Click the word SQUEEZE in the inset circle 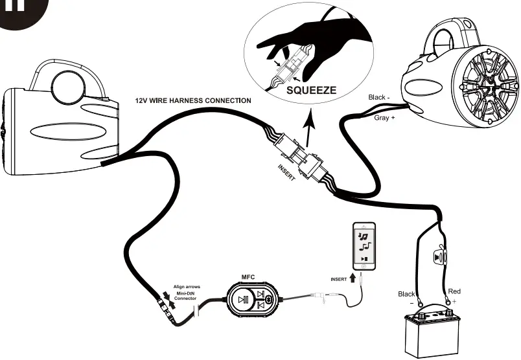click(x=311, y=90)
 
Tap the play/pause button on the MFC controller click(x=242, y=300)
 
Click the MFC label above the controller click(x=248, y=277)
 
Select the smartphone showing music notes click(x=364, y=247)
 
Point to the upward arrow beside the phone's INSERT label click(x=353, y=279)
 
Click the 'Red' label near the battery click(x=454, y=292)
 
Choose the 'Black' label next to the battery click(x=406, y=294)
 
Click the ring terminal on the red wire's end click(x=450, y=302)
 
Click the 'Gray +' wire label click(x=384, y=118)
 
